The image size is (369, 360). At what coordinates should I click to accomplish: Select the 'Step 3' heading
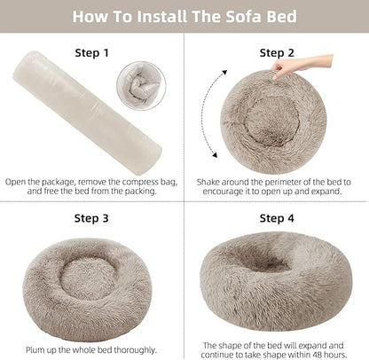pos(92,217)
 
